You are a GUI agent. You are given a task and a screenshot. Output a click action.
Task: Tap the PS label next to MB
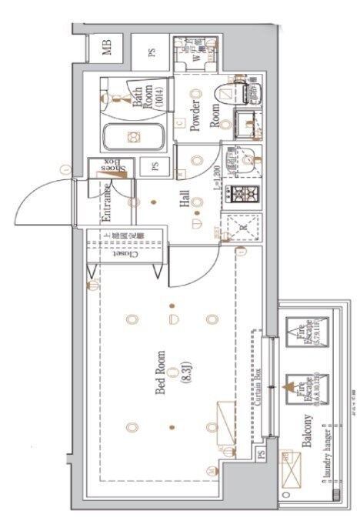point(152,52)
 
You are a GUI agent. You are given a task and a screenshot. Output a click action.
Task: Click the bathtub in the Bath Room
point(135,138)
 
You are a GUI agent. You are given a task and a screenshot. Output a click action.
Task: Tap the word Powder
point(195,115)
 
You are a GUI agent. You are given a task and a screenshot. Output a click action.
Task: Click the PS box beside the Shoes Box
point(155,166)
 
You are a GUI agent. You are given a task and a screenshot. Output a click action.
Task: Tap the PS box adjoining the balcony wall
point(260,454)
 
